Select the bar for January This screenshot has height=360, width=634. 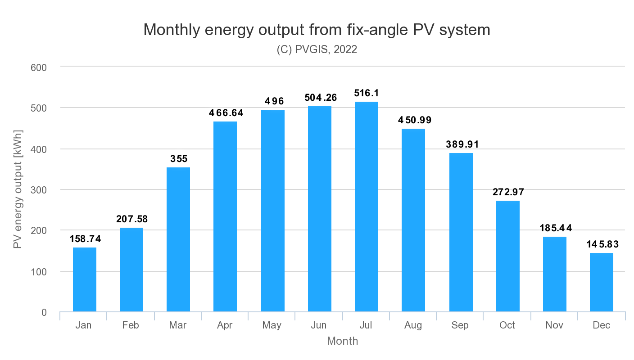coord(85,279)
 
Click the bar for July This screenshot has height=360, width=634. coord(366,207)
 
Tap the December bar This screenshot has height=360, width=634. coord(601,282)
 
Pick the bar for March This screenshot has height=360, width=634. coord(178,239)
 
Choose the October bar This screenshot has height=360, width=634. coord(507,256)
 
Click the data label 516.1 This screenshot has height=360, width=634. coord(366,93)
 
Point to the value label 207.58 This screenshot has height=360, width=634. coord(131,219)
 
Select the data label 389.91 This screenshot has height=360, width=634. coord(461,144)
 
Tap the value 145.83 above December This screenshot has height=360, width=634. coord(602,244)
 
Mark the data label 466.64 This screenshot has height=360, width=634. coord(226,113)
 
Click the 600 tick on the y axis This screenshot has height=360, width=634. coord(39,67)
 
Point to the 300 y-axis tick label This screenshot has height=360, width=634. coord(39,190)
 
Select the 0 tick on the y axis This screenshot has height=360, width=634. coord(44,312)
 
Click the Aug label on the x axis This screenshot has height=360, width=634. coord(413,325)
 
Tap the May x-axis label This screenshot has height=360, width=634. coord(272,325)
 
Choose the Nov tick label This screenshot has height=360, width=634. coord(554,325)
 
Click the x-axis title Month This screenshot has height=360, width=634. coord(342,341)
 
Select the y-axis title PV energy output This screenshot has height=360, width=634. coord(18,189)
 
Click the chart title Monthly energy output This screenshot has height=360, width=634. coord(317,30)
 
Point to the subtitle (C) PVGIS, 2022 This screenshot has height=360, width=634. coord(317,49)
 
